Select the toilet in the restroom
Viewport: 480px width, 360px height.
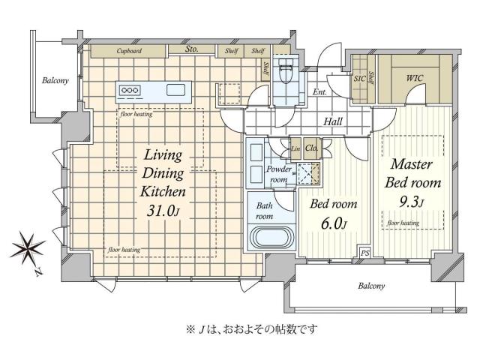[285, 73]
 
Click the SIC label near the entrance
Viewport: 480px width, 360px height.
[358, 78]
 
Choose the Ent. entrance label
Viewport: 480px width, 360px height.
[320, 92]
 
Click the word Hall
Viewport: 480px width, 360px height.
[334, 121]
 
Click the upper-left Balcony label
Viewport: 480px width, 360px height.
[55, 80]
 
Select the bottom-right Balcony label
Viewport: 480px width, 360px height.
[370, 286]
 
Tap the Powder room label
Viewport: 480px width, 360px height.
[279, 175]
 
